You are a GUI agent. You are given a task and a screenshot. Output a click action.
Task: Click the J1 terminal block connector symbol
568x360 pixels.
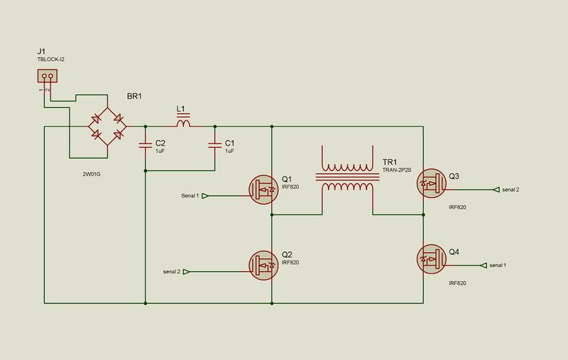(48, 76)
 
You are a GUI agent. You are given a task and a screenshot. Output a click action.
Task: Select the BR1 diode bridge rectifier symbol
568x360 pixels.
(107, 126)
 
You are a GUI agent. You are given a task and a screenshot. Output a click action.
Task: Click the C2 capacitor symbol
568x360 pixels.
(146, 146)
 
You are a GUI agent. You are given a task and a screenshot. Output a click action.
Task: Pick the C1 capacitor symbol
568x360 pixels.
(215, 146)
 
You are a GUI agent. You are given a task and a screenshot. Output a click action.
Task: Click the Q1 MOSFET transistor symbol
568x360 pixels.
(263, 190)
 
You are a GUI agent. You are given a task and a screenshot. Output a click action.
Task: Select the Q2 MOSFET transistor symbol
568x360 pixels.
(263, 265)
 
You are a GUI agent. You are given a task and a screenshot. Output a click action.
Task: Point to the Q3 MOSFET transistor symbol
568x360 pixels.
(431, 183)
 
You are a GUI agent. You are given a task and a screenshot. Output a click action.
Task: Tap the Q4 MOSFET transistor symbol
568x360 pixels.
(431, 259)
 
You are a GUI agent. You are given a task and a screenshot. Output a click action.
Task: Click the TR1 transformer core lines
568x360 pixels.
(347, 177)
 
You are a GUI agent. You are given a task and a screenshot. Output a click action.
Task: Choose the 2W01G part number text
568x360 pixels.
(92, 174)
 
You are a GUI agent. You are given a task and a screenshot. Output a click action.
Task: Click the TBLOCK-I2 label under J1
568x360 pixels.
(50, 60)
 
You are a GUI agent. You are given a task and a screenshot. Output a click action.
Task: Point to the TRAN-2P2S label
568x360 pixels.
(397, 170)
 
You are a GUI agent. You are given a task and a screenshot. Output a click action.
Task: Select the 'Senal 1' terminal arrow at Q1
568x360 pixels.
(205, 196)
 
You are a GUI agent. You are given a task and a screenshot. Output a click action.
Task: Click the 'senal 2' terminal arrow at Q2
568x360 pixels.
(186, 272)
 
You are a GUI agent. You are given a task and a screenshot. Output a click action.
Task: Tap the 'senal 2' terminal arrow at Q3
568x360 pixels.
(496, 190)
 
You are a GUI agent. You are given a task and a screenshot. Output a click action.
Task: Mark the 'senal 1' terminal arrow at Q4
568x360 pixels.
(484, 266)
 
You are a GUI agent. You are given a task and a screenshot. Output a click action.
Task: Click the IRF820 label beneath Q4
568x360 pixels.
(457, 283)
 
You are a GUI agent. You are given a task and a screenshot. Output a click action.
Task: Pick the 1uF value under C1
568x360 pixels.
(229, 151)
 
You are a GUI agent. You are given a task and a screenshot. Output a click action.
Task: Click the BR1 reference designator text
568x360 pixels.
(134, 97)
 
